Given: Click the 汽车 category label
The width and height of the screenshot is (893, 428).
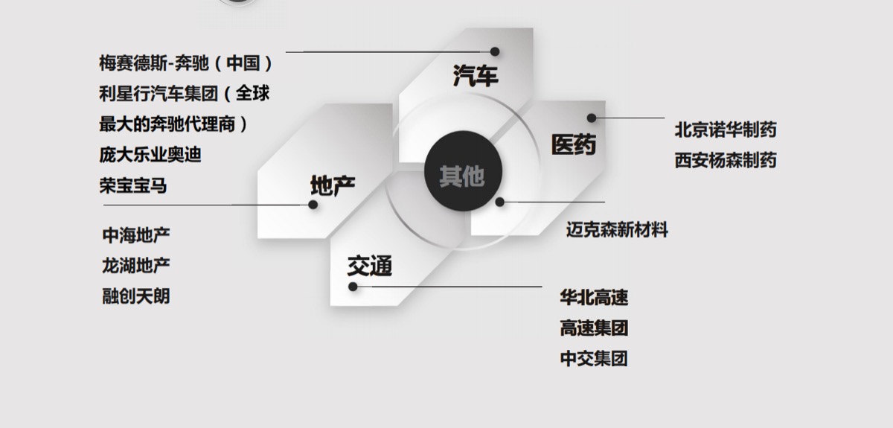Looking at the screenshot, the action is pyautogui.click(x=476, y=75).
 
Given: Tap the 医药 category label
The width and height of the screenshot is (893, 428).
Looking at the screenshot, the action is pyautogui.click(x=574, y=144).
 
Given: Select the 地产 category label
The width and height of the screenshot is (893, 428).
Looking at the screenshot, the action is pyautogui.click(x=333, y=185).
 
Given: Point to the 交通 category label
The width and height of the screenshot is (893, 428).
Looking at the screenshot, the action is pyautogui.click(x=370, y=266).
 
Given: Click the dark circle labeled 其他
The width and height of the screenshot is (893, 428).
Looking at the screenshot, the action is pyautogui.click(x=463, y=170).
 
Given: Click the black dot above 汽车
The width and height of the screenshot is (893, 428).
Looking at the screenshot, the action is pyautogui.click(x=495, y=51).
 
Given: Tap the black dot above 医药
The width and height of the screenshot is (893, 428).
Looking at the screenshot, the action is pyautogui.click(x=592, y=118).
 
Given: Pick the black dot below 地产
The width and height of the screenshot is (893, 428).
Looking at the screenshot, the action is pyautogui.click(x=313, y=205).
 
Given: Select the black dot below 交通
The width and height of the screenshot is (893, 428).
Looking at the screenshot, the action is pyautogui.click(x=353, y=287).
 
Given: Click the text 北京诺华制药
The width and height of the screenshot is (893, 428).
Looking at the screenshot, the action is pyautogui.click(x=726, y=130).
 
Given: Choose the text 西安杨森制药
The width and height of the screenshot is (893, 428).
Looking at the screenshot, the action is pyautogui.click(x=726, y=160).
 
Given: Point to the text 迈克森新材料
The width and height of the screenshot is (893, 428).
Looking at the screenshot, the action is pyautogui.click(x=617, y=230).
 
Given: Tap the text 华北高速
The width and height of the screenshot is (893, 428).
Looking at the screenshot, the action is pyautogui.click(x=594, y=298).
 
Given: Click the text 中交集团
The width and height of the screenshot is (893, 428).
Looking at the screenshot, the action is pyautogui.click(x=594, y=359).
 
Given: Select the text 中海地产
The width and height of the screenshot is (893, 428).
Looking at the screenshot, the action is pyautogui.click(x=136, y=235).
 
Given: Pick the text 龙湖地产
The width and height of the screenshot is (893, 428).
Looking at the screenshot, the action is pyautogui.click(x=136, y=266).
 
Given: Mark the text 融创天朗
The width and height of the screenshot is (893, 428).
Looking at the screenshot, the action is pyautogui.click(x=136, y=296).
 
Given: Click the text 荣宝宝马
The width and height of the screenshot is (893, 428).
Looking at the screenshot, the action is pyautogui.click(x=133, y=186).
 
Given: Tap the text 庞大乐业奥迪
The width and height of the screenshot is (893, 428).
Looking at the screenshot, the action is pyautogui.click(x=150, y=155).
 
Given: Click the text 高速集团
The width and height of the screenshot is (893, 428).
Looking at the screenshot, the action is pyautogui.click(x=594, y=328).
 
